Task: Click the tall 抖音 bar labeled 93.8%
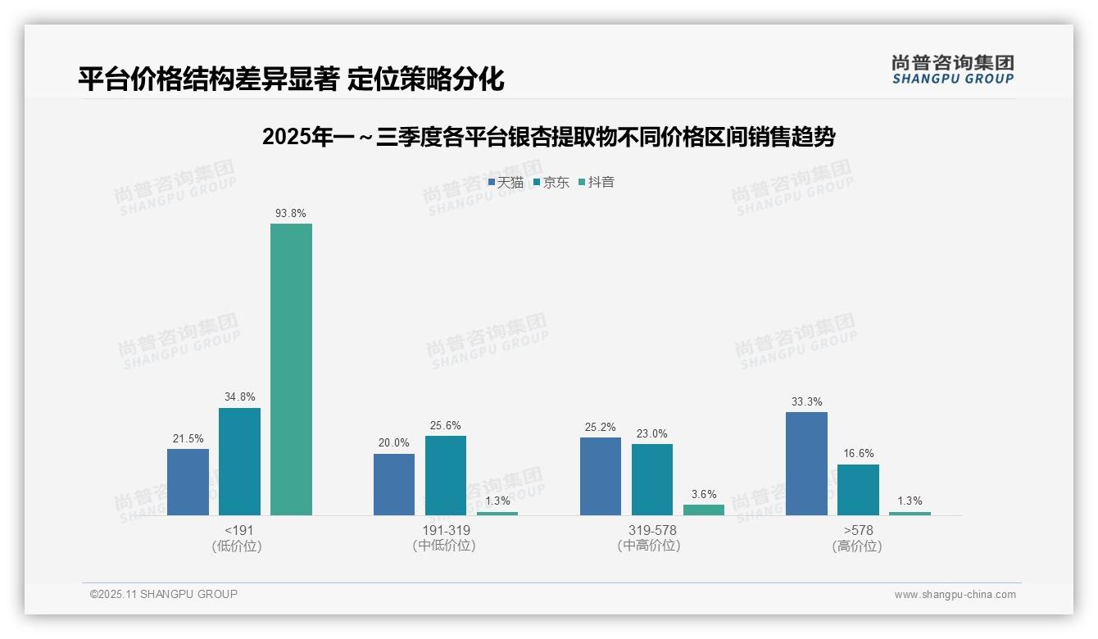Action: coord(291,369)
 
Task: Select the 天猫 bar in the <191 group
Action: coord(188,482)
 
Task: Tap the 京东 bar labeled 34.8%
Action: coord(239,461)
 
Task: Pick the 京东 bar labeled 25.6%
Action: coord(446,475)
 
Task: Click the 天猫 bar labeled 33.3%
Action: coord(806,464)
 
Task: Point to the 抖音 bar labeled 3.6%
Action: coord(704,510)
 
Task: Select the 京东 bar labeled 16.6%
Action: coord(858,490)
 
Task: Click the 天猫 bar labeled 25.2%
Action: coord(601,476)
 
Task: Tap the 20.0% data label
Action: coord(394,443)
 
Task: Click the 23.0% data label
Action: coord(652,434)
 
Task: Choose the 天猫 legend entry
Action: coord(506,183)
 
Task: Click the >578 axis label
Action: coord(857,530)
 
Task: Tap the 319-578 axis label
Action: coord(652,530)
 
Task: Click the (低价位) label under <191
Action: coord(237,546)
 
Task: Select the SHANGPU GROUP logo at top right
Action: coord(952,70)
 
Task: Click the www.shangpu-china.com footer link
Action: coord(955,595)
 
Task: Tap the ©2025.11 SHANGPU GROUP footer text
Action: coord(164,595)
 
